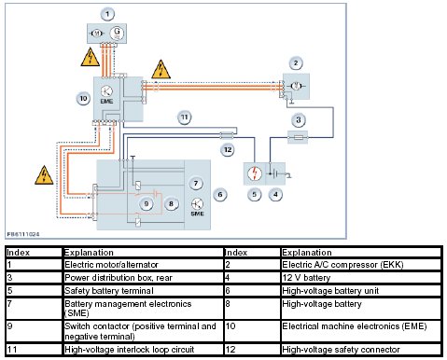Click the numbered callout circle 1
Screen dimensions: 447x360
(x=107, y=14)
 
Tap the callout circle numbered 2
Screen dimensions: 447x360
(x=296, y=63)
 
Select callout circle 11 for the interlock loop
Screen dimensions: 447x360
(x=185, y=118)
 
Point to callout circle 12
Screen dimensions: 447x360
(x=228, y=150)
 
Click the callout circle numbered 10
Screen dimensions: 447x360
(x=83, y=99)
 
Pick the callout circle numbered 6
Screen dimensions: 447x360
(x=220, y=195)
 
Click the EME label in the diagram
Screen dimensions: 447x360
(x=106, y=102)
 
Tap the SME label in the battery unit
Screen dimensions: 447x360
(x=197, y=214)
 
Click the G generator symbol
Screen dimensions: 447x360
(x=117, y=33)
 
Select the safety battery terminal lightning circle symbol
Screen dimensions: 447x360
(x=255, y=173)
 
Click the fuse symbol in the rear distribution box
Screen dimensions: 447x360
(x=299, y=137)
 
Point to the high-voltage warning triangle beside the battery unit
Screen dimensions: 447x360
(x=44, y=175)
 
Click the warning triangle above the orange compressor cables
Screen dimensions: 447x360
(x=161, y=69)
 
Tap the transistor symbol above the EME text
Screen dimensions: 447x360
(x=106, y=91)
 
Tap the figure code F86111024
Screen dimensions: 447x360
(x=23, y=234)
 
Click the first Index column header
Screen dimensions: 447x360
(x=18, y=252)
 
